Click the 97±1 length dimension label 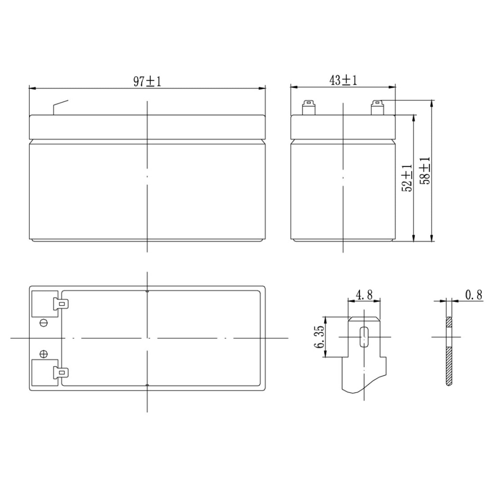click(x=147, y=82)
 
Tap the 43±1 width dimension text click(x=343, y=80)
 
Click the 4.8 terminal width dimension click(x=364, y=295)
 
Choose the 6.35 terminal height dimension click(x=319, y=337)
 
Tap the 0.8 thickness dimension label click(x=474, y=295)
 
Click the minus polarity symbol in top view click(x=44, y=323)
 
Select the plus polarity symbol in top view click(x=44, y=354)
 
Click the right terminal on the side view click(x=377, y=107)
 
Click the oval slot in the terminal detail click(x=364, y=337)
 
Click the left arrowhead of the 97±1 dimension click(x=32, y=89)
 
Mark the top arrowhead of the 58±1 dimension click(x=431, y=103)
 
